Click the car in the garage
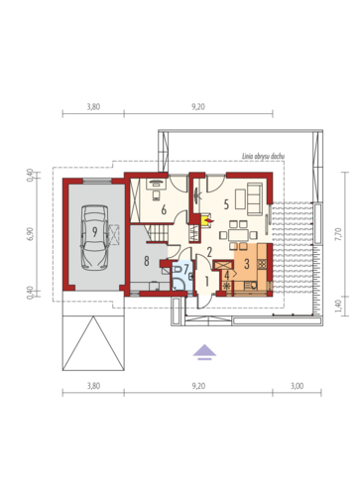pyautogui.click(x=94, y=238)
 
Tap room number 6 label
pyautogui.click(x=164, y=210)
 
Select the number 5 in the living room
pyautogui.click(x=226, y=204)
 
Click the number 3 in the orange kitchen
pyautogui.click(x=247, y=264)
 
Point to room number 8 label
pyautogui.click(x=147, y=261)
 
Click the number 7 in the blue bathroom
pyautogui.click(x=186, y=268)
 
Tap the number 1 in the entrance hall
pyautogui.click(x=207, y=282)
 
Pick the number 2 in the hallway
pyautogui.click(x=209, y=252)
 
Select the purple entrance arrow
pyautogui.click(x=204, y=352)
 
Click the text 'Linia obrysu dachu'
pyautogui.click(x=264, y=157)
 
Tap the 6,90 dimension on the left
pyautogui.click(x=31, y=234)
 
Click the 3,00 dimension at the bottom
pyautogui.click(x=298, y=386)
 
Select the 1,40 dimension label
pyautogui.click(x=338, y=306)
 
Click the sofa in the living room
pyautogui.click(x=255, y=199)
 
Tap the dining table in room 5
pyautogui.click(x=238, y=235)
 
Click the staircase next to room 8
pyautogui.click(x=157, y=232)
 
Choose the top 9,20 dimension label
pyautogui.click(x=198, y=107)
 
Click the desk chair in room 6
pyautogui.click(x=156, y=195)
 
